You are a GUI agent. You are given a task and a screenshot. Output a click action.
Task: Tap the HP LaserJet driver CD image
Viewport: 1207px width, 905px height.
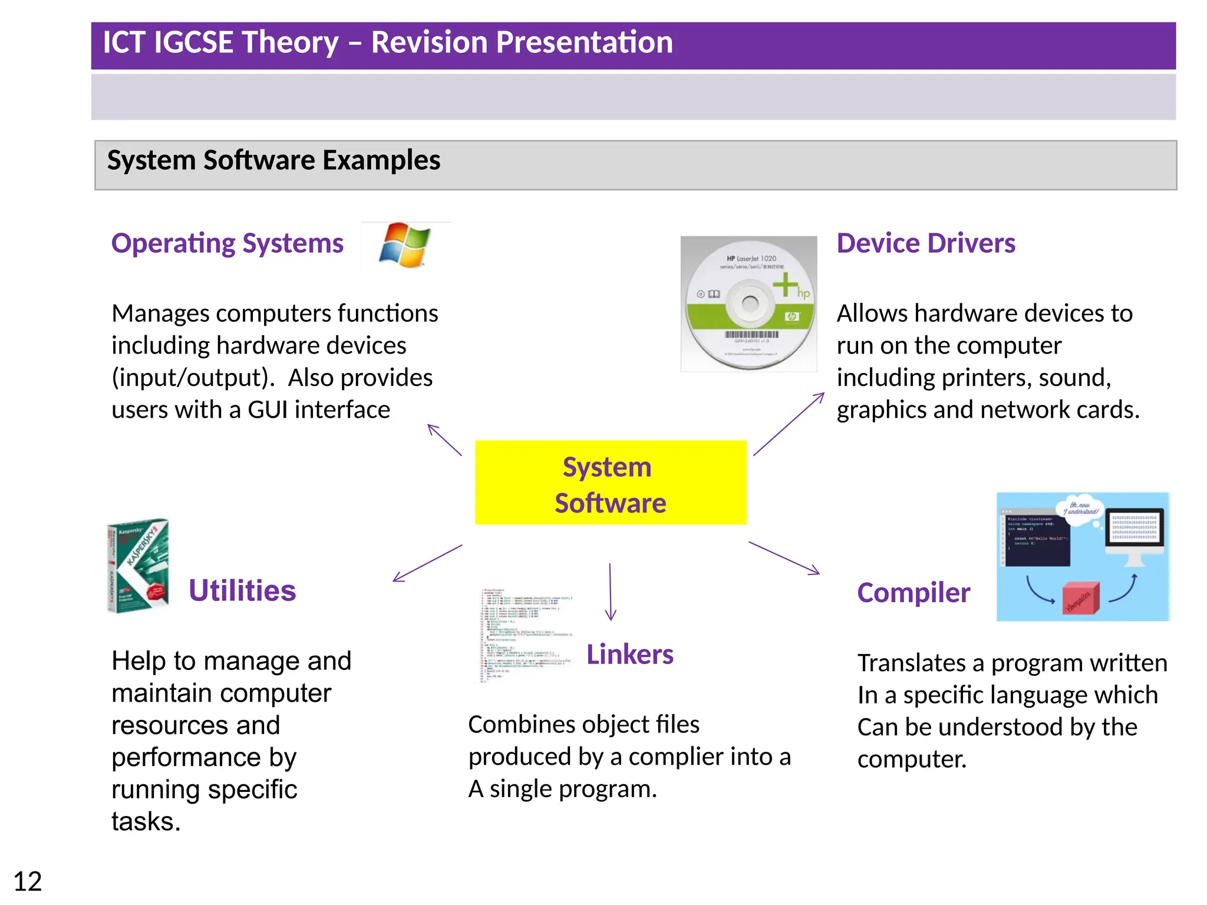point(748,304)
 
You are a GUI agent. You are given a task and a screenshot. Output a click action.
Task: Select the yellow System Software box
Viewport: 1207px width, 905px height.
point(610,483)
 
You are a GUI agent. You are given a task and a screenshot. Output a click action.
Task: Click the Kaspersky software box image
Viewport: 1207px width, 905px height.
point(139,566)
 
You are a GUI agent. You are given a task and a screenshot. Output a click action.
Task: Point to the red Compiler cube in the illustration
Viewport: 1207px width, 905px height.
point(1081,599)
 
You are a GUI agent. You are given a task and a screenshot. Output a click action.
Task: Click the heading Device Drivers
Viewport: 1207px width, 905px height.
point(925,243)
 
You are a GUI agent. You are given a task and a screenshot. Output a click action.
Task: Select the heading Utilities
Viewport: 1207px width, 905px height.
point(242,590)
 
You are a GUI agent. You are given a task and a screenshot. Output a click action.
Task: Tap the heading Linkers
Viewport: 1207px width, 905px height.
point(629,655)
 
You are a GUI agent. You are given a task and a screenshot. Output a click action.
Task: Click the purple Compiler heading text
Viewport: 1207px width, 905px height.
point(913,593)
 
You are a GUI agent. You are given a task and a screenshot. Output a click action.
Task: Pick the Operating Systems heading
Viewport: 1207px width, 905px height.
point(227,243)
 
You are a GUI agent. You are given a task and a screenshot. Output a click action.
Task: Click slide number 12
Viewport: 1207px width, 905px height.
point(27,881)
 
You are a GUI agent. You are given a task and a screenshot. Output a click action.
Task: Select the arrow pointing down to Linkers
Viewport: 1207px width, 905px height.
point(610,592)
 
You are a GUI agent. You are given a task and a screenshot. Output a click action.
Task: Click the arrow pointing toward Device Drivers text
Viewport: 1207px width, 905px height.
point(788,424)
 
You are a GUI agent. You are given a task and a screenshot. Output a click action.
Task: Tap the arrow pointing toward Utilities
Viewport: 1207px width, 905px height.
point(427,563)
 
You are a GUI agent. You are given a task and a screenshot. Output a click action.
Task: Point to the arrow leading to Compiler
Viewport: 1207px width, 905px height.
point(784,557)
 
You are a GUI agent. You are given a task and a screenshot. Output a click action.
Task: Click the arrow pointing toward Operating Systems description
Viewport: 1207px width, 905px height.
point(444,440)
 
